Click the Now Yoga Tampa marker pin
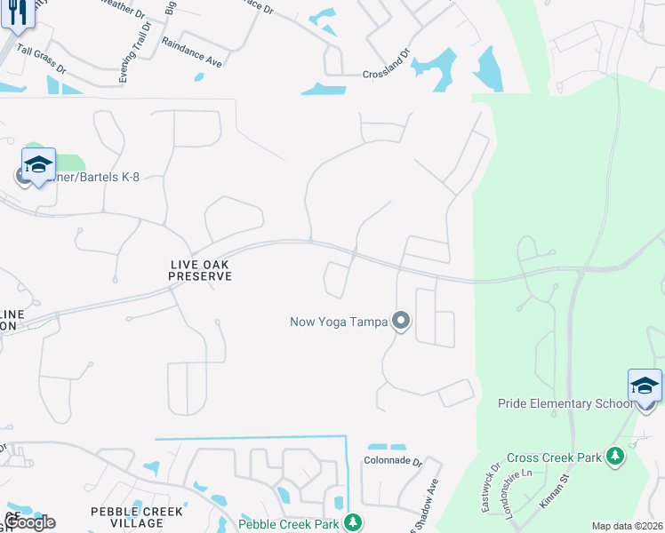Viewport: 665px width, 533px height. tap(401, 321)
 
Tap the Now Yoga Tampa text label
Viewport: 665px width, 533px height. tap(339, 322)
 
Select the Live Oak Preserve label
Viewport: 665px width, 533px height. tap(201, 270)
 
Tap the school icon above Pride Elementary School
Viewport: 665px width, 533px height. tap(645, 386)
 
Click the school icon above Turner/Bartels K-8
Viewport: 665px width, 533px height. tap(38, 164)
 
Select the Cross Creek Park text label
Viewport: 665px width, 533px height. tap(554, 458)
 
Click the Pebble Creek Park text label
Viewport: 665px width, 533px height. tap(289, 524)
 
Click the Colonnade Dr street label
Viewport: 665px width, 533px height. tap(391, 461)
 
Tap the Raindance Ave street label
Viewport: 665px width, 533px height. tap(194, 52)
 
